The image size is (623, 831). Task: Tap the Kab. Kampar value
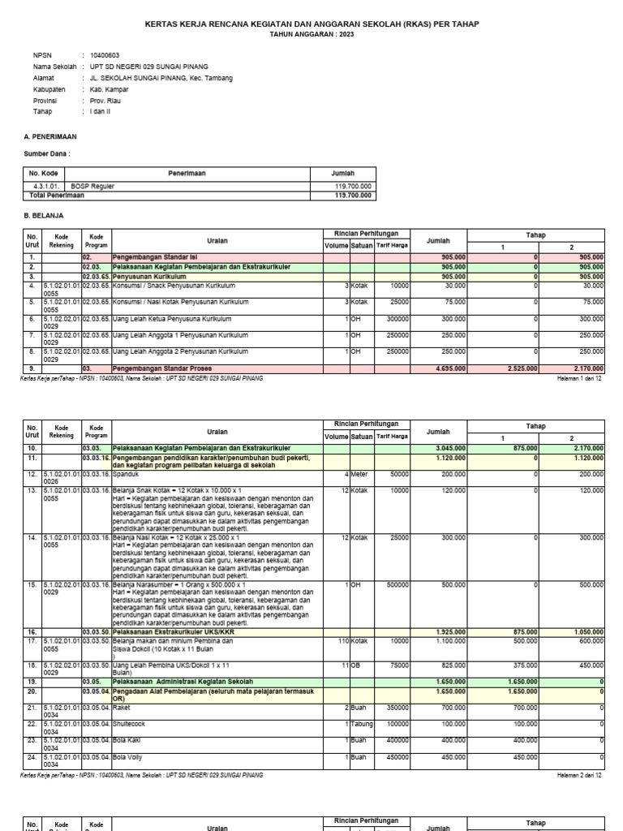point(110,89)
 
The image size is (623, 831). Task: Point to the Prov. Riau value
point(106,101)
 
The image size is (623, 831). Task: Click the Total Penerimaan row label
point(57,196)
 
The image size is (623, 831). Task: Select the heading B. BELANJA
point(44,216)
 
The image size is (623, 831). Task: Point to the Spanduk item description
point(127,473)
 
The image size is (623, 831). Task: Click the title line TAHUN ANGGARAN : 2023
point(311,36)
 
